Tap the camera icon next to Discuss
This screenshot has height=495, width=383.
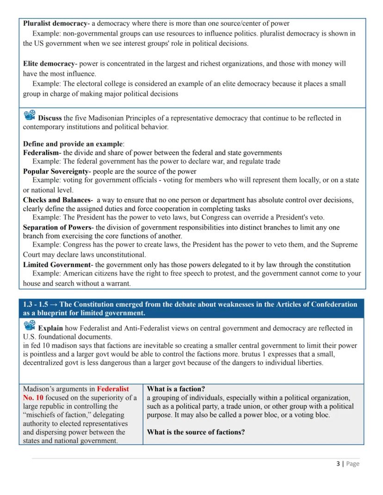click(29, 116)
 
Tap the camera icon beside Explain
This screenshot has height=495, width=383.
click(29, 326)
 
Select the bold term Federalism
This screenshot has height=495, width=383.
click(41, 153)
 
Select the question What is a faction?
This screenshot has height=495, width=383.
click(176, 389)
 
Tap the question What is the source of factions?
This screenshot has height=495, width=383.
click(196, 432)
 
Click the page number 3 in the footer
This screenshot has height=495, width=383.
click(338, 464)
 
